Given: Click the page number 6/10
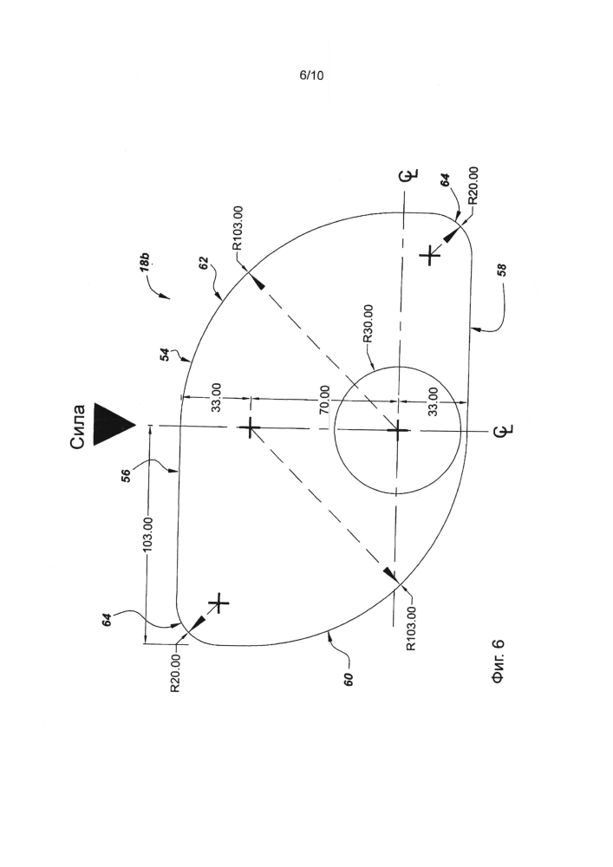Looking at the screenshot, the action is [311, 75].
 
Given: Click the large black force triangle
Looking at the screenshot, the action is [114, 425].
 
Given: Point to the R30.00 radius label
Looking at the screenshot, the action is [368, 323].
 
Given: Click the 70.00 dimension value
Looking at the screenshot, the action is [325, 400].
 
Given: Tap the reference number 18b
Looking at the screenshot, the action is [144, 262].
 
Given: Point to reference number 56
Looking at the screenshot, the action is [127, 475].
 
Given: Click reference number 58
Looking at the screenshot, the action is [502, 270].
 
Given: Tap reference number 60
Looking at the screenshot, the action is [349, 679].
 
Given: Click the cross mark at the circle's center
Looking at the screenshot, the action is [397, 430].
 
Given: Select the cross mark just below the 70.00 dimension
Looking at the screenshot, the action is [251, 428].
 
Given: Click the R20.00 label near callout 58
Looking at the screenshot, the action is [473, 186].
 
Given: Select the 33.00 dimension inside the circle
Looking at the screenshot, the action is [433, 401].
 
